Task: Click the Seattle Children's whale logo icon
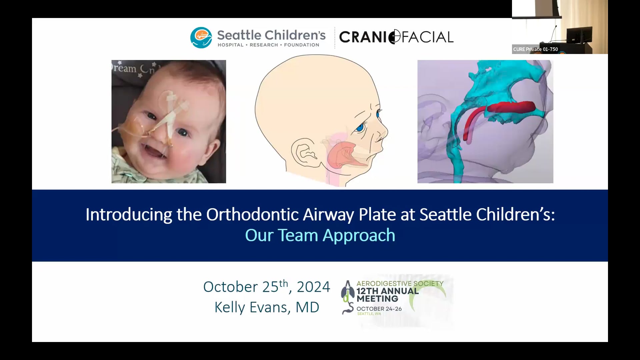pos(201,38)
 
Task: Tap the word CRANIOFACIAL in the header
pos(396,37)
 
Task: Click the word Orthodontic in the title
pos(252,214)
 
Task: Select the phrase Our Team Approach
pos(320,235)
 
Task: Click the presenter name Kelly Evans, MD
pos(267,307)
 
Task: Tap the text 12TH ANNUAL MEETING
pos(387,295)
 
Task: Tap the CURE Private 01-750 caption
pos(535,49)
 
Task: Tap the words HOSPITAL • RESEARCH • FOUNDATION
pos(268,45)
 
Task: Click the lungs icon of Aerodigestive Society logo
pos(347,289)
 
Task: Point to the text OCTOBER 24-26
pos(379,309)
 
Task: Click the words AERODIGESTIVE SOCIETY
pos(400,283)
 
